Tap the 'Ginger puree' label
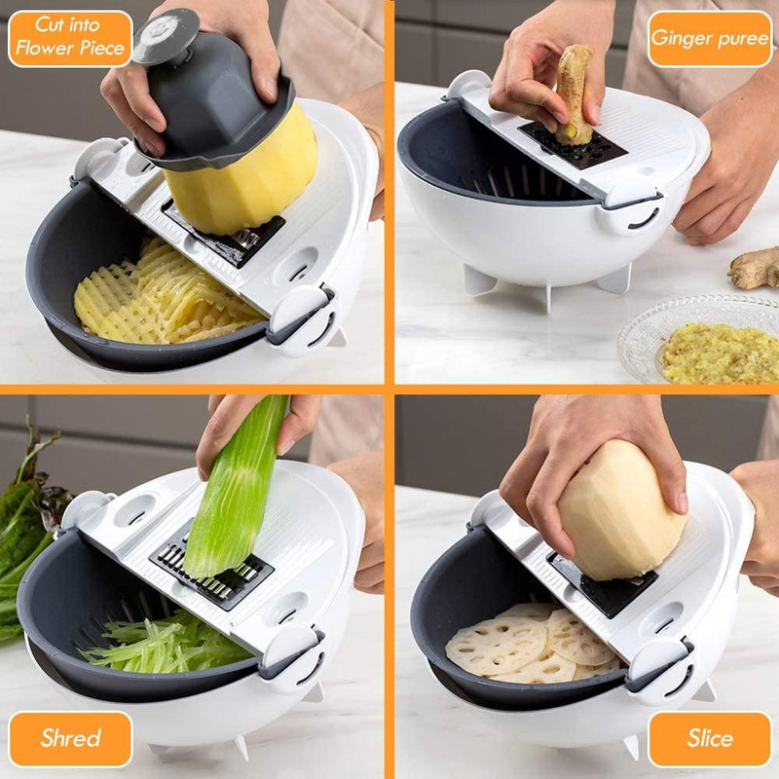[709, 38]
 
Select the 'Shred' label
[70, 738]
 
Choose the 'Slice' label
[709, 738]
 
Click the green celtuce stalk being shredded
[239, 487]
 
